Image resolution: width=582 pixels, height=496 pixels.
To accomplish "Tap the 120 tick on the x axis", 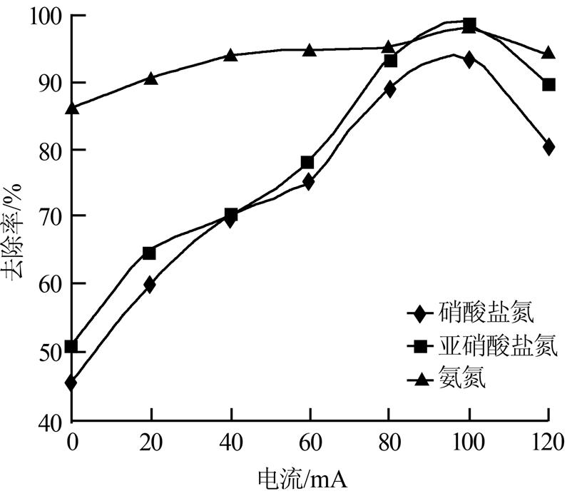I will click(548, 442).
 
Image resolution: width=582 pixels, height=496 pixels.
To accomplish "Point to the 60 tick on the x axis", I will click(308, 442).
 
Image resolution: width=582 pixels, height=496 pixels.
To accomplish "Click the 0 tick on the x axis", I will click(71, 442).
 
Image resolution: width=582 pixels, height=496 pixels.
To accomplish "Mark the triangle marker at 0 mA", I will click(71, 108).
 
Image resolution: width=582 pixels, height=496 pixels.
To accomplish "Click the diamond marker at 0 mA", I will click(71, 383).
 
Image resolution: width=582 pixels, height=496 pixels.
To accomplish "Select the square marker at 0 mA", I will click(71, 347).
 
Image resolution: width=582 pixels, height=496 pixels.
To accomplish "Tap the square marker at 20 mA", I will click(149, 253).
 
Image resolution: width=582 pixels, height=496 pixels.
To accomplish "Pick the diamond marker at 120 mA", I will click(548, 147).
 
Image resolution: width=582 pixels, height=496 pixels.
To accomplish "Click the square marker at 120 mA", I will click(548, 85).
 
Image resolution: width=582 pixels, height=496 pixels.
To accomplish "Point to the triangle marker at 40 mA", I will click(230, 54).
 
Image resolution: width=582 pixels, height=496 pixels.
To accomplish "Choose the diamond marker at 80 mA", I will click(389, 89).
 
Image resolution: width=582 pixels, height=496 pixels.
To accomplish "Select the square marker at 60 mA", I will click(307, 163).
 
